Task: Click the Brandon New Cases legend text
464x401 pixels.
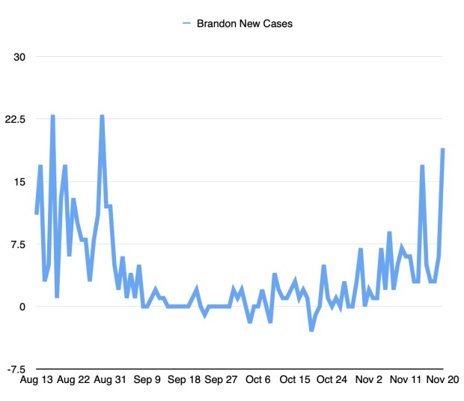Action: pos(245,23)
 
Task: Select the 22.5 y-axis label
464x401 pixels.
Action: pos(16,119)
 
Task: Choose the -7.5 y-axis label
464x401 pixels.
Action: pos(16,370)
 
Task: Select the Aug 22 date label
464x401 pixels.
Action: pos(75,380)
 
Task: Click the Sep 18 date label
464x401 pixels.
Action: pos(185,380)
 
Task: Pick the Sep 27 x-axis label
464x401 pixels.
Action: pos(222,380)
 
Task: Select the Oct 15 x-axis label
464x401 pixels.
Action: pos(296,380)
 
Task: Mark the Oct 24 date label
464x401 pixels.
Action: pos(332,380)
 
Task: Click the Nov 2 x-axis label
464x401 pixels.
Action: pos(369,380)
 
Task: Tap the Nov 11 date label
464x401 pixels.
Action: pos(406,380)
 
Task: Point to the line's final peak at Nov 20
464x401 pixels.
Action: pos(443,149)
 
